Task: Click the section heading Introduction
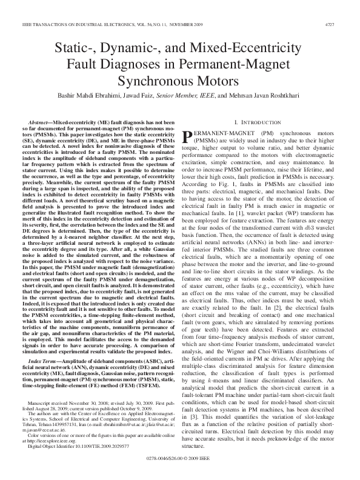pos(267,122)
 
